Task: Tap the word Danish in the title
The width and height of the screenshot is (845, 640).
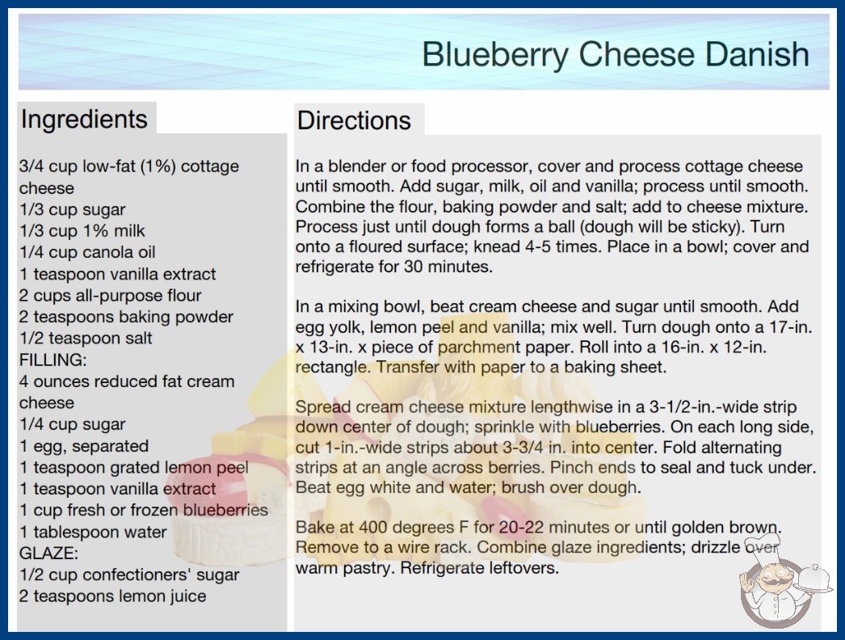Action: tap(757, 54)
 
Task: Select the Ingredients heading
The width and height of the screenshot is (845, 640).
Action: tap(84, 120)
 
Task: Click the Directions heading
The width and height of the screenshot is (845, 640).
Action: tap(354, 120)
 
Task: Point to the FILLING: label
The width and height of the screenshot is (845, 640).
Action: tap(53, 360)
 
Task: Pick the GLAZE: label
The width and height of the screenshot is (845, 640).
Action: tap(49, 554)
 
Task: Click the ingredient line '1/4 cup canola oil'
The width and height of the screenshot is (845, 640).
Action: tap(87, 252)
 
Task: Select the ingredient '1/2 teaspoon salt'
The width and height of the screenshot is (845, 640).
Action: tap(86, 338)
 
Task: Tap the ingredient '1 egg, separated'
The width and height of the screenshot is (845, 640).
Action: tap(84, 446)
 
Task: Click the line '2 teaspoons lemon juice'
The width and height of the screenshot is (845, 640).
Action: tap(112, 596)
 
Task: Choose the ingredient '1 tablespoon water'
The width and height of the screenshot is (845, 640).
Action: tap(93, 533)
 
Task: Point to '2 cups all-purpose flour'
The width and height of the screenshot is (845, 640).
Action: tap(110, 296)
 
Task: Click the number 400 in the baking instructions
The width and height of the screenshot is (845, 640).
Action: tap(375, 527)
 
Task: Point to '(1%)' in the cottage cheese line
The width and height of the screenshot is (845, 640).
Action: tap(158, 166)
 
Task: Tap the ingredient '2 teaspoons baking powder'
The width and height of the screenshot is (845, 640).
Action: tap(126, 317)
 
